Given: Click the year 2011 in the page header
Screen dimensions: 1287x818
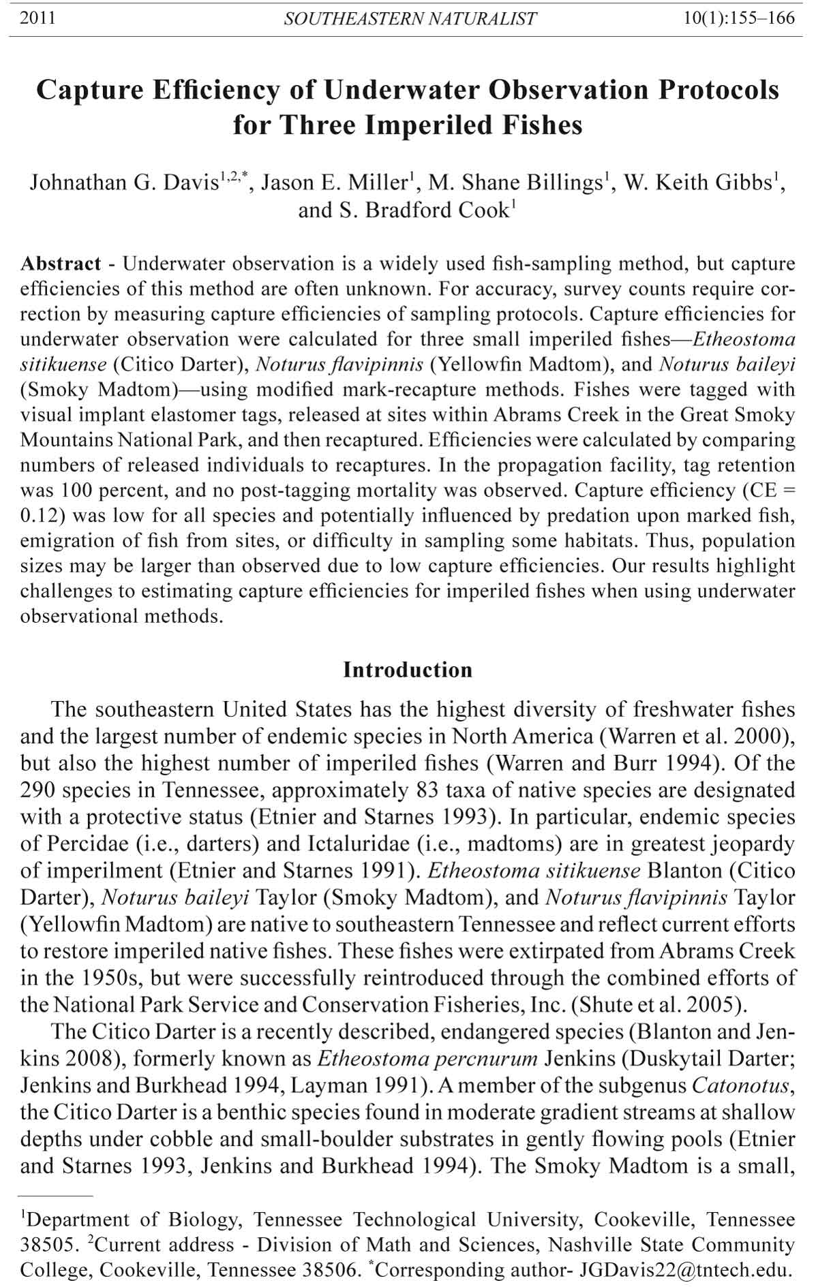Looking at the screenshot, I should click(x=37, y=18).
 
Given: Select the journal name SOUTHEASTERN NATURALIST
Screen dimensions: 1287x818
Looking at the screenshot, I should click(x=410, y=18).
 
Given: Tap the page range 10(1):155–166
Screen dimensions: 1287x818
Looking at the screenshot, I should click(x=740, y=18).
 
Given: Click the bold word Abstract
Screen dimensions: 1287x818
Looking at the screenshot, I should click(x=61, y=264).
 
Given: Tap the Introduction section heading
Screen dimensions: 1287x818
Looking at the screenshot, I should click(x=408, y=670).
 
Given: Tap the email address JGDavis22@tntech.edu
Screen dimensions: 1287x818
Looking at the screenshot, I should click(x=685, y=1270).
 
